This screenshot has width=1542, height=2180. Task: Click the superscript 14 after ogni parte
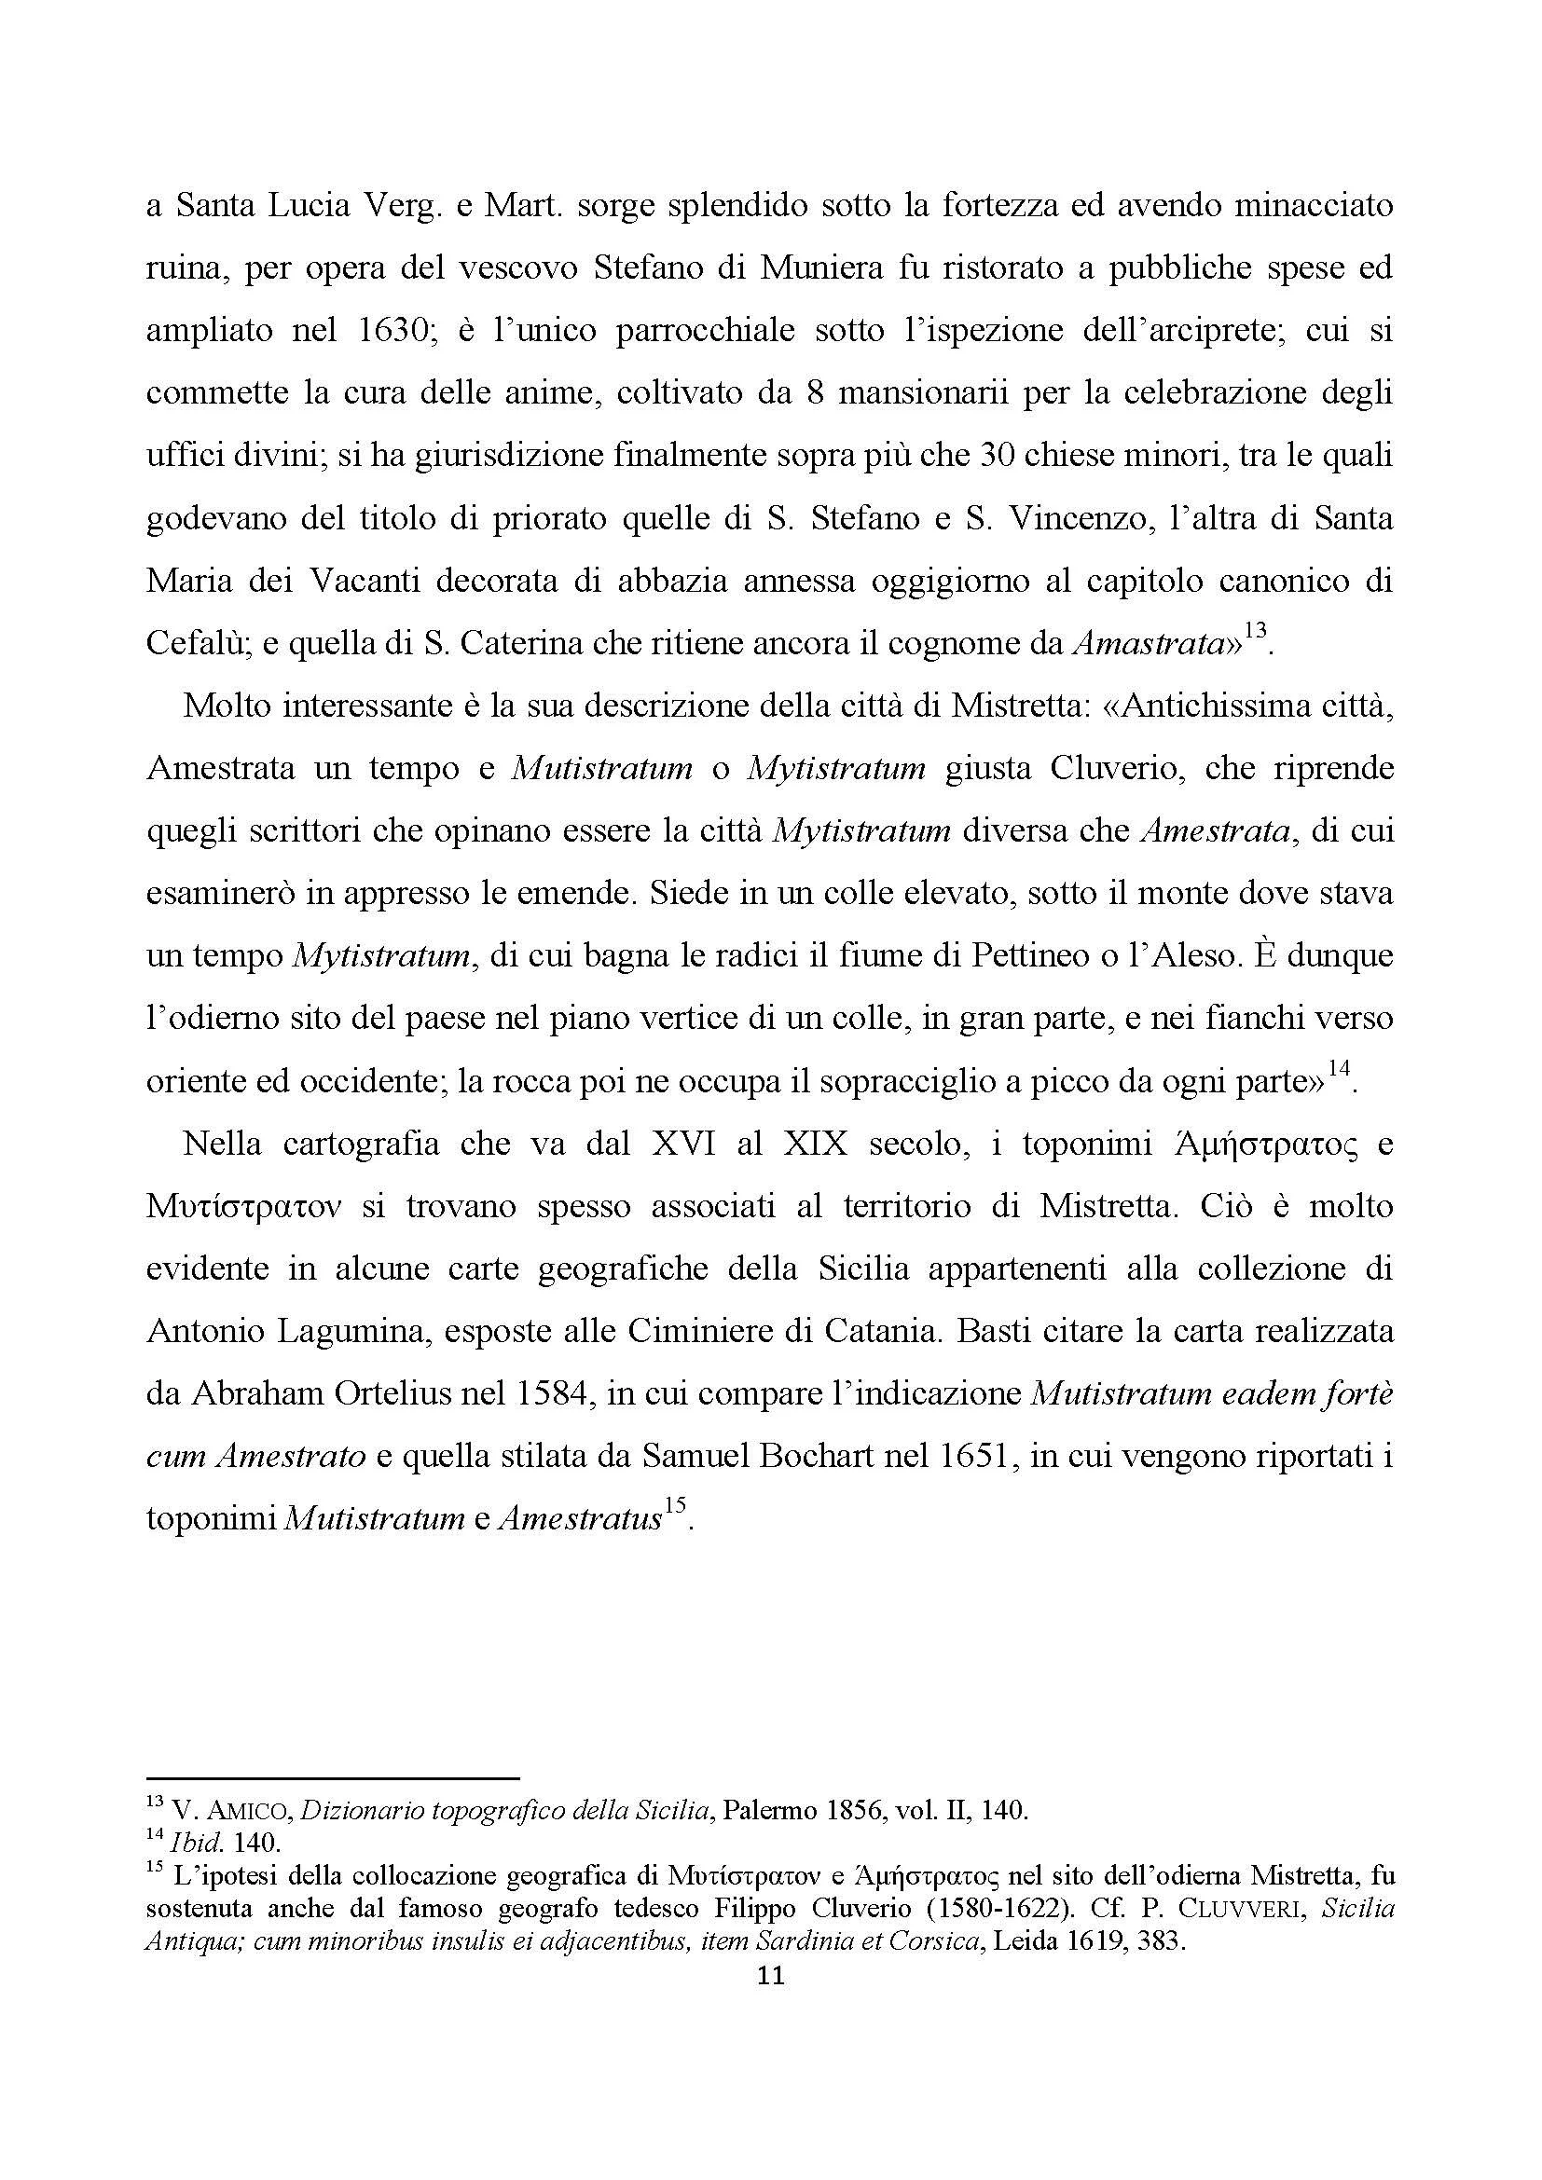click(1339, 1068)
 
